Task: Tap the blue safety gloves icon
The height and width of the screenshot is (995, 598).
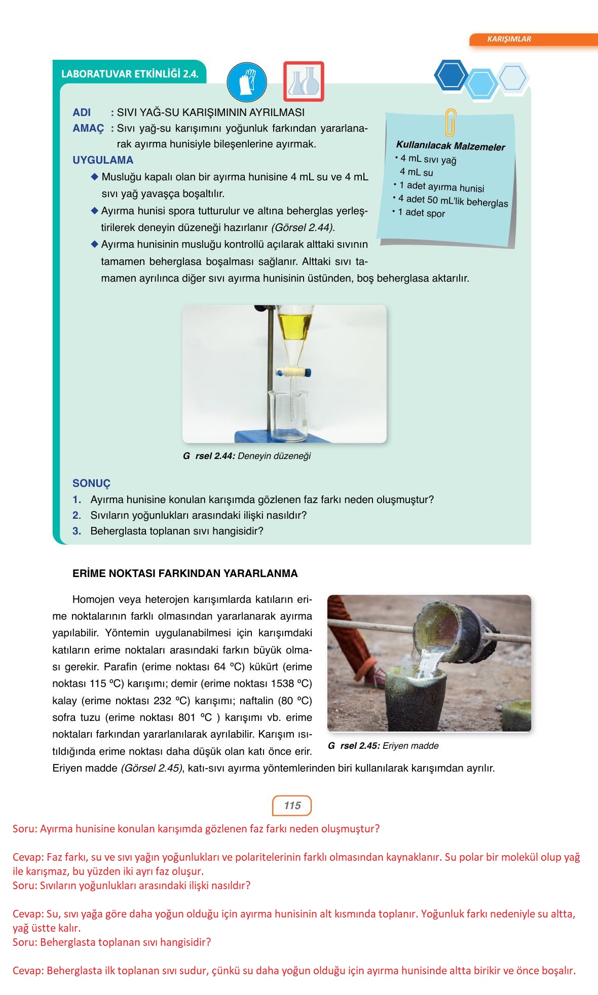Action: point(247,82)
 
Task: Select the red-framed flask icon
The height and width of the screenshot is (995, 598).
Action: point(303,82)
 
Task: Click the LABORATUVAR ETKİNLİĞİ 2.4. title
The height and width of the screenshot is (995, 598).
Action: point(130,74)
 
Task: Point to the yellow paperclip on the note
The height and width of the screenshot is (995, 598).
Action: point(450,123)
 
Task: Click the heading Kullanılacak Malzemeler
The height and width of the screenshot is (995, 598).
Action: point(451,146)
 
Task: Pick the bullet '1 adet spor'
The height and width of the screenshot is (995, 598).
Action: point(421,213)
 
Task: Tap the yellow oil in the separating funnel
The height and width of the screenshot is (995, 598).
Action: point(295,325)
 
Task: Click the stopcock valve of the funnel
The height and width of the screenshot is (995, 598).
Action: point(293,372)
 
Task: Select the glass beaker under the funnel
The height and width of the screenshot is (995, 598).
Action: point(288,414)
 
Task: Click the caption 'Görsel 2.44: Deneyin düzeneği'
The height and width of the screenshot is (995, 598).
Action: point(247,456)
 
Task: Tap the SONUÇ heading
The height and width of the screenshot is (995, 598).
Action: point(91,483)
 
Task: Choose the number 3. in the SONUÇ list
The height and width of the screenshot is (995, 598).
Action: point(77,531)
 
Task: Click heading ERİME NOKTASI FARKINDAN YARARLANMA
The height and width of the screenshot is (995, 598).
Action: point(185,573)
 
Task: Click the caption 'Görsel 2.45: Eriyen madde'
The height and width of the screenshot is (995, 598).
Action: point(383,746)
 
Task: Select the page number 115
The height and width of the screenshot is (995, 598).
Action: point(292,806)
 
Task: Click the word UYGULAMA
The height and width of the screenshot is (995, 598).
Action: point(103,160)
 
